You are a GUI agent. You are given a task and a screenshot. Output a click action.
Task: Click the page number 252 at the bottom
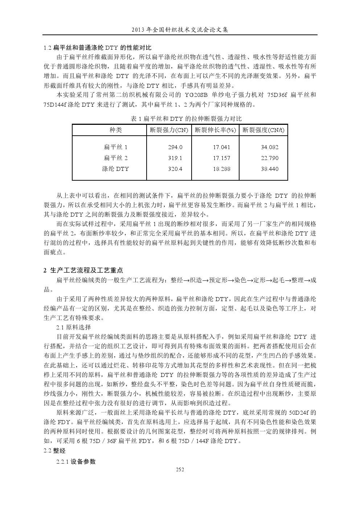tap(180, 469)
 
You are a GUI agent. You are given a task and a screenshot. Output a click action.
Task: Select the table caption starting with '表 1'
tap(186, 119)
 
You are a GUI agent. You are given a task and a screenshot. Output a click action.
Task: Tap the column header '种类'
tap(116, 130)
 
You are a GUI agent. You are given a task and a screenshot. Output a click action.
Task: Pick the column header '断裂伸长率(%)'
tap(215, 130)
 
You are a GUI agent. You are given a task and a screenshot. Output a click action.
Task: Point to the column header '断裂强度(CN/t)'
tap(263, 130)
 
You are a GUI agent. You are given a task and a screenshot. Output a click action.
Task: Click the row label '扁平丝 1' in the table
tap(115, 147)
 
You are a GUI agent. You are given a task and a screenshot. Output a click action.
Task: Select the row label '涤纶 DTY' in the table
tap(115, 169)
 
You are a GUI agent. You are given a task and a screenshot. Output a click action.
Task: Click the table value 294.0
tap(175, 147)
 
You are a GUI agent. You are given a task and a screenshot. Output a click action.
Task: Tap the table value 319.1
tap(175, 158)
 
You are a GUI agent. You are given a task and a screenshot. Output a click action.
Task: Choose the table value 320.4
tap(175, 169)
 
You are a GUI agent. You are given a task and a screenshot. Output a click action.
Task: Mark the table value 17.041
tap(221, 147)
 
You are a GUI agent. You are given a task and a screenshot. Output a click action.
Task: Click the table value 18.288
tap(221, 169)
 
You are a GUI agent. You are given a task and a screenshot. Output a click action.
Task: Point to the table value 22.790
tap(270, 158)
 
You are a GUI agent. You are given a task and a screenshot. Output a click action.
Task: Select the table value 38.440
tap(270, 169)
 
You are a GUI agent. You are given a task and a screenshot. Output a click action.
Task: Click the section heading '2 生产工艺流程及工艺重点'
tap(83, 270)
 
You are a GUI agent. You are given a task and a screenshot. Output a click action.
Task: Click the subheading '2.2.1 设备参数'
tap(76, 461)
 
